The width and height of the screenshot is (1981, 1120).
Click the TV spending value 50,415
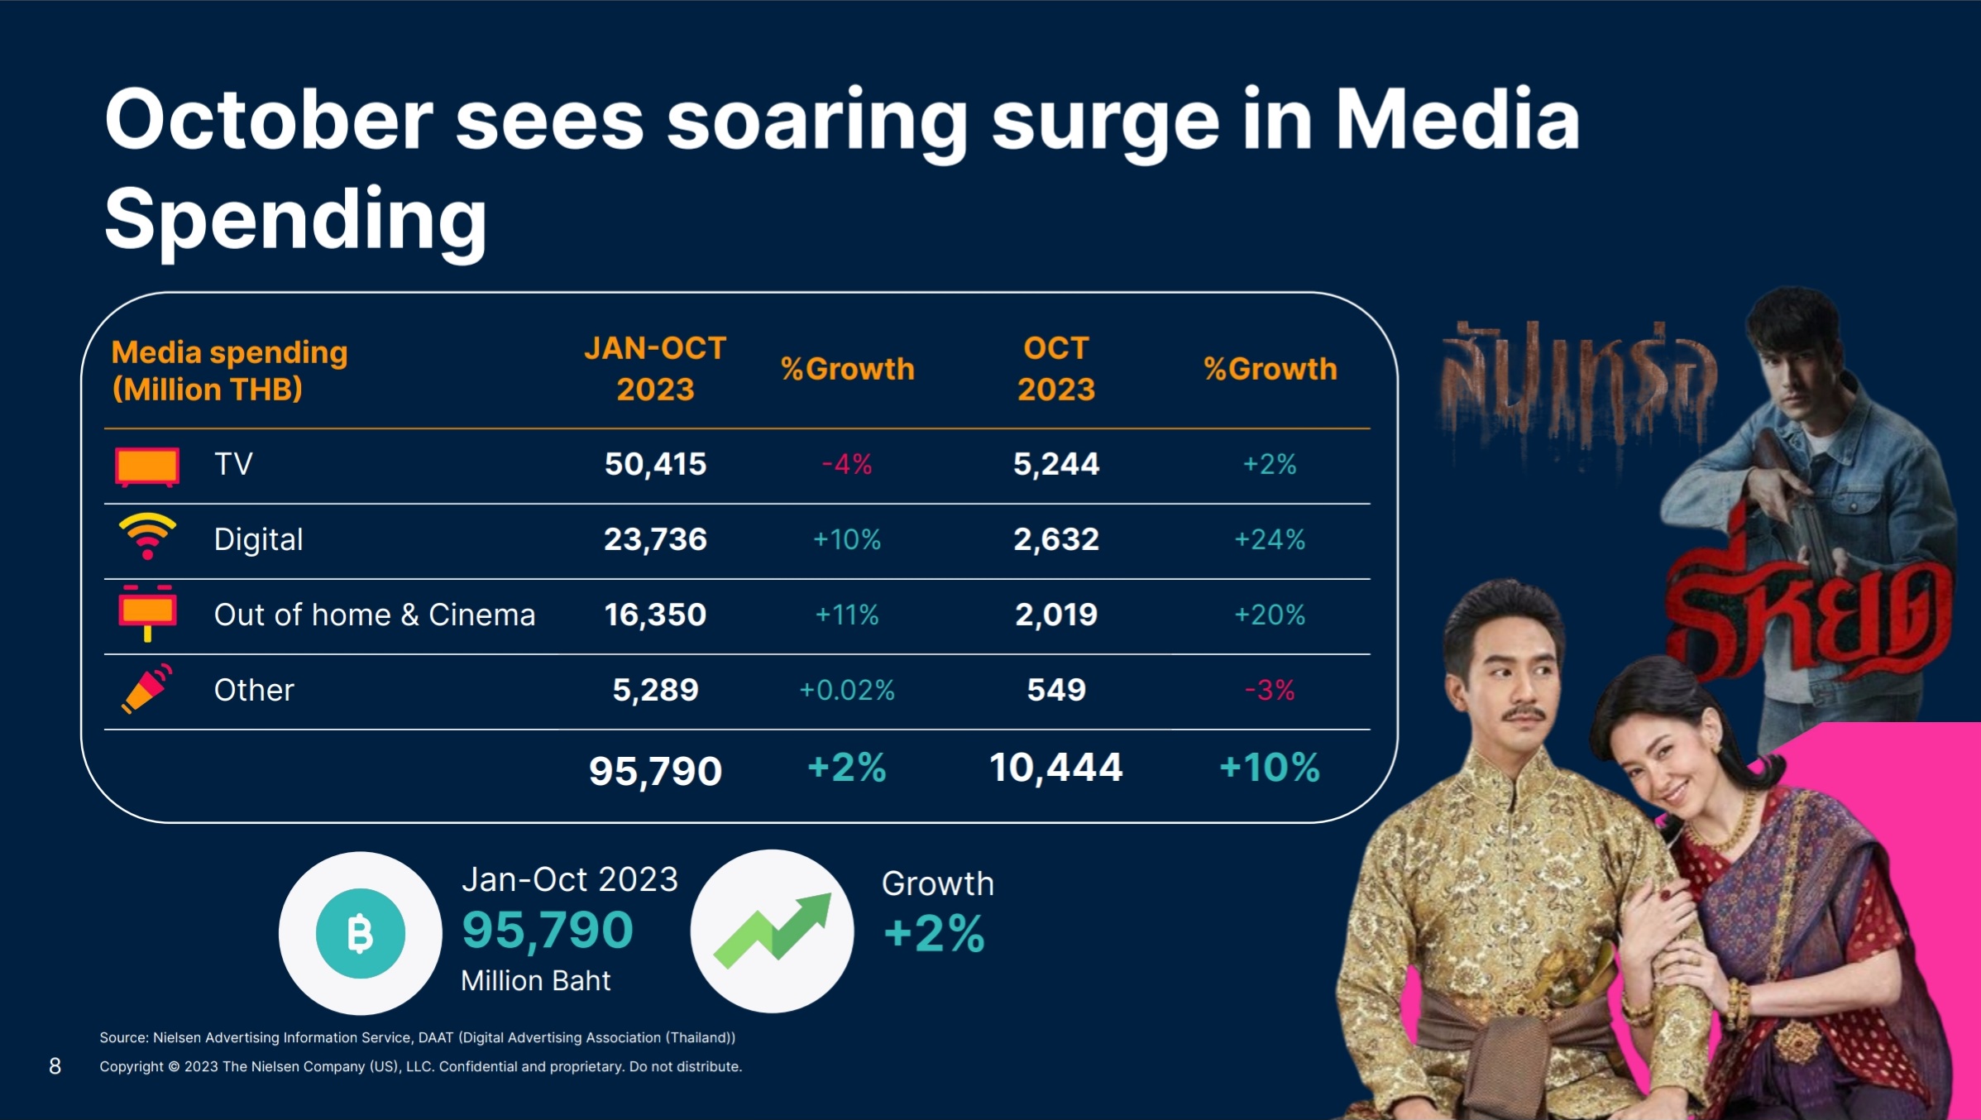click(655, 464)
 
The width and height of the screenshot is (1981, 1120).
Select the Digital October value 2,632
click(1056, 539)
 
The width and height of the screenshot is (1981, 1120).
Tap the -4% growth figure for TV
click(847, 464)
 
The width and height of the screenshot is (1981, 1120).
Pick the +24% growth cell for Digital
click(1270, 539)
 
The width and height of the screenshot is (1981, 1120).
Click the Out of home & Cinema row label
click(375, 615)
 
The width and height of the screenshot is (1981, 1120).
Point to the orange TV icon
click(147, 467)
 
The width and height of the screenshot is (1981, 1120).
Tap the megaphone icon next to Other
click(147, 688)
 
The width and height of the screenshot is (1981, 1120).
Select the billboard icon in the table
click(147, 613)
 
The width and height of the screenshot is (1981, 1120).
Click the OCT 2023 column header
click(1056, 368)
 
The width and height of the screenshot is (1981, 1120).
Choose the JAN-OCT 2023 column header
click(655, 368)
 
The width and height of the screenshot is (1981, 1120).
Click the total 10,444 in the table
click(1056, 768)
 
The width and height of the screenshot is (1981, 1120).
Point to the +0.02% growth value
click(847, 690)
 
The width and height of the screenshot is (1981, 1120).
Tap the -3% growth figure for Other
click(1270, 690)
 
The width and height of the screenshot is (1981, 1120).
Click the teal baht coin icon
click(361, 934)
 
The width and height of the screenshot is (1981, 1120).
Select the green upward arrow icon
click(773, 931)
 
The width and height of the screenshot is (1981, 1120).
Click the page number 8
click(55, 1066)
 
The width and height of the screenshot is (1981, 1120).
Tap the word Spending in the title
click(296, 219)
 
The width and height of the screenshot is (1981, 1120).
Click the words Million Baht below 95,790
click(536, 981)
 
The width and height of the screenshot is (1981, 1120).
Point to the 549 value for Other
click(1056, 690)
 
